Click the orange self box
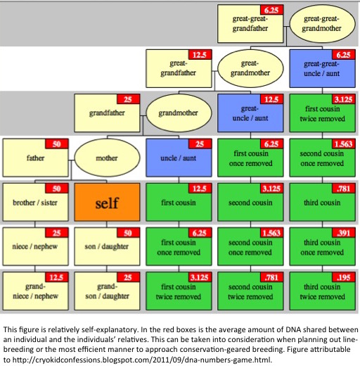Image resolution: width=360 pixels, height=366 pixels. (107, 202)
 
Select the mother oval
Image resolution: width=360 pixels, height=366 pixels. (107, 158)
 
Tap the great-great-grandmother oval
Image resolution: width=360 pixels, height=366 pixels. (322, 24)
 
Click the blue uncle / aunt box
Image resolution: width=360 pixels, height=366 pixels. (179, 158)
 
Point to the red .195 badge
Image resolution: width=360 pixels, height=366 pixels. (344, 277)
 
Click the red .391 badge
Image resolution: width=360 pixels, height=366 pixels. (344, 233)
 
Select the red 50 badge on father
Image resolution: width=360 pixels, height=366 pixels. (57, 144)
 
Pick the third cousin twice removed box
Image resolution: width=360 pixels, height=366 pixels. (323, 291)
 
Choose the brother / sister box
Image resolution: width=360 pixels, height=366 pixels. (35, 202)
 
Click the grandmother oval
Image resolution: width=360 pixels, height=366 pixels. (179, 113)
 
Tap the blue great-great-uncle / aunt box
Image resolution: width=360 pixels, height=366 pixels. (323, 68)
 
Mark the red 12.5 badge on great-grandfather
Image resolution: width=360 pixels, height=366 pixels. (200, 55)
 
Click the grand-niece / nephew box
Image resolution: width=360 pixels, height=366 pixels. (35, 291)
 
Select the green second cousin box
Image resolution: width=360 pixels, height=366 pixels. (250, 202)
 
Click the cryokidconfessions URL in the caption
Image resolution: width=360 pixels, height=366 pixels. (142, 360)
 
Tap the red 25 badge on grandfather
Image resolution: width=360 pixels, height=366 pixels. (128, 99)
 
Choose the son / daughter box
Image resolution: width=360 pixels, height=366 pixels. (107, 246)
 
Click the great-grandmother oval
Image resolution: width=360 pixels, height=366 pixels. (250, 68)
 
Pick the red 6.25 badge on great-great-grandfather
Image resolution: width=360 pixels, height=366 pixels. (272, 10)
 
